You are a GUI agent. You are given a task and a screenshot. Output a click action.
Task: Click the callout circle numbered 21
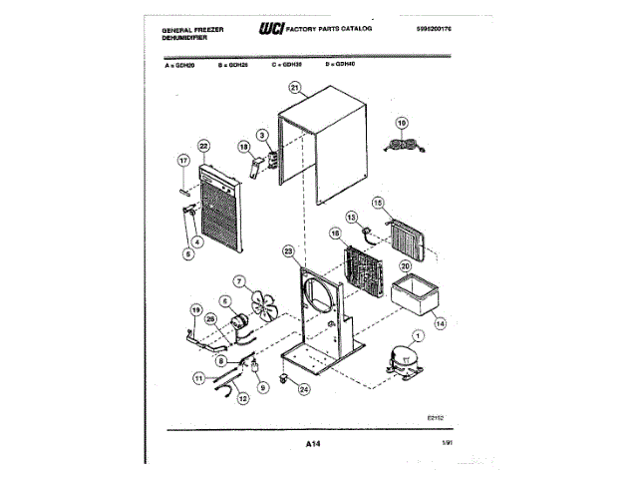pos(293,87)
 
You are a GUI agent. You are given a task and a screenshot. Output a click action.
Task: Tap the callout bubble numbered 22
pos(203,146)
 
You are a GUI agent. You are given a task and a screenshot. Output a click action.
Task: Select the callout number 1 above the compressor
pos(417,335)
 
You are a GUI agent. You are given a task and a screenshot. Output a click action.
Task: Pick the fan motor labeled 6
pos(239,322)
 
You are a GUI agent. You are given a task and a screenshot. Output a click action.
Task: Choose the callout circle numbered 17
pos(182,161)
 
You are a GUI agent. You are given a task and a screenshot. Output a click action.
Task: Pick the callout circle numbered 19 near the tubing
pos(195,309)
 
